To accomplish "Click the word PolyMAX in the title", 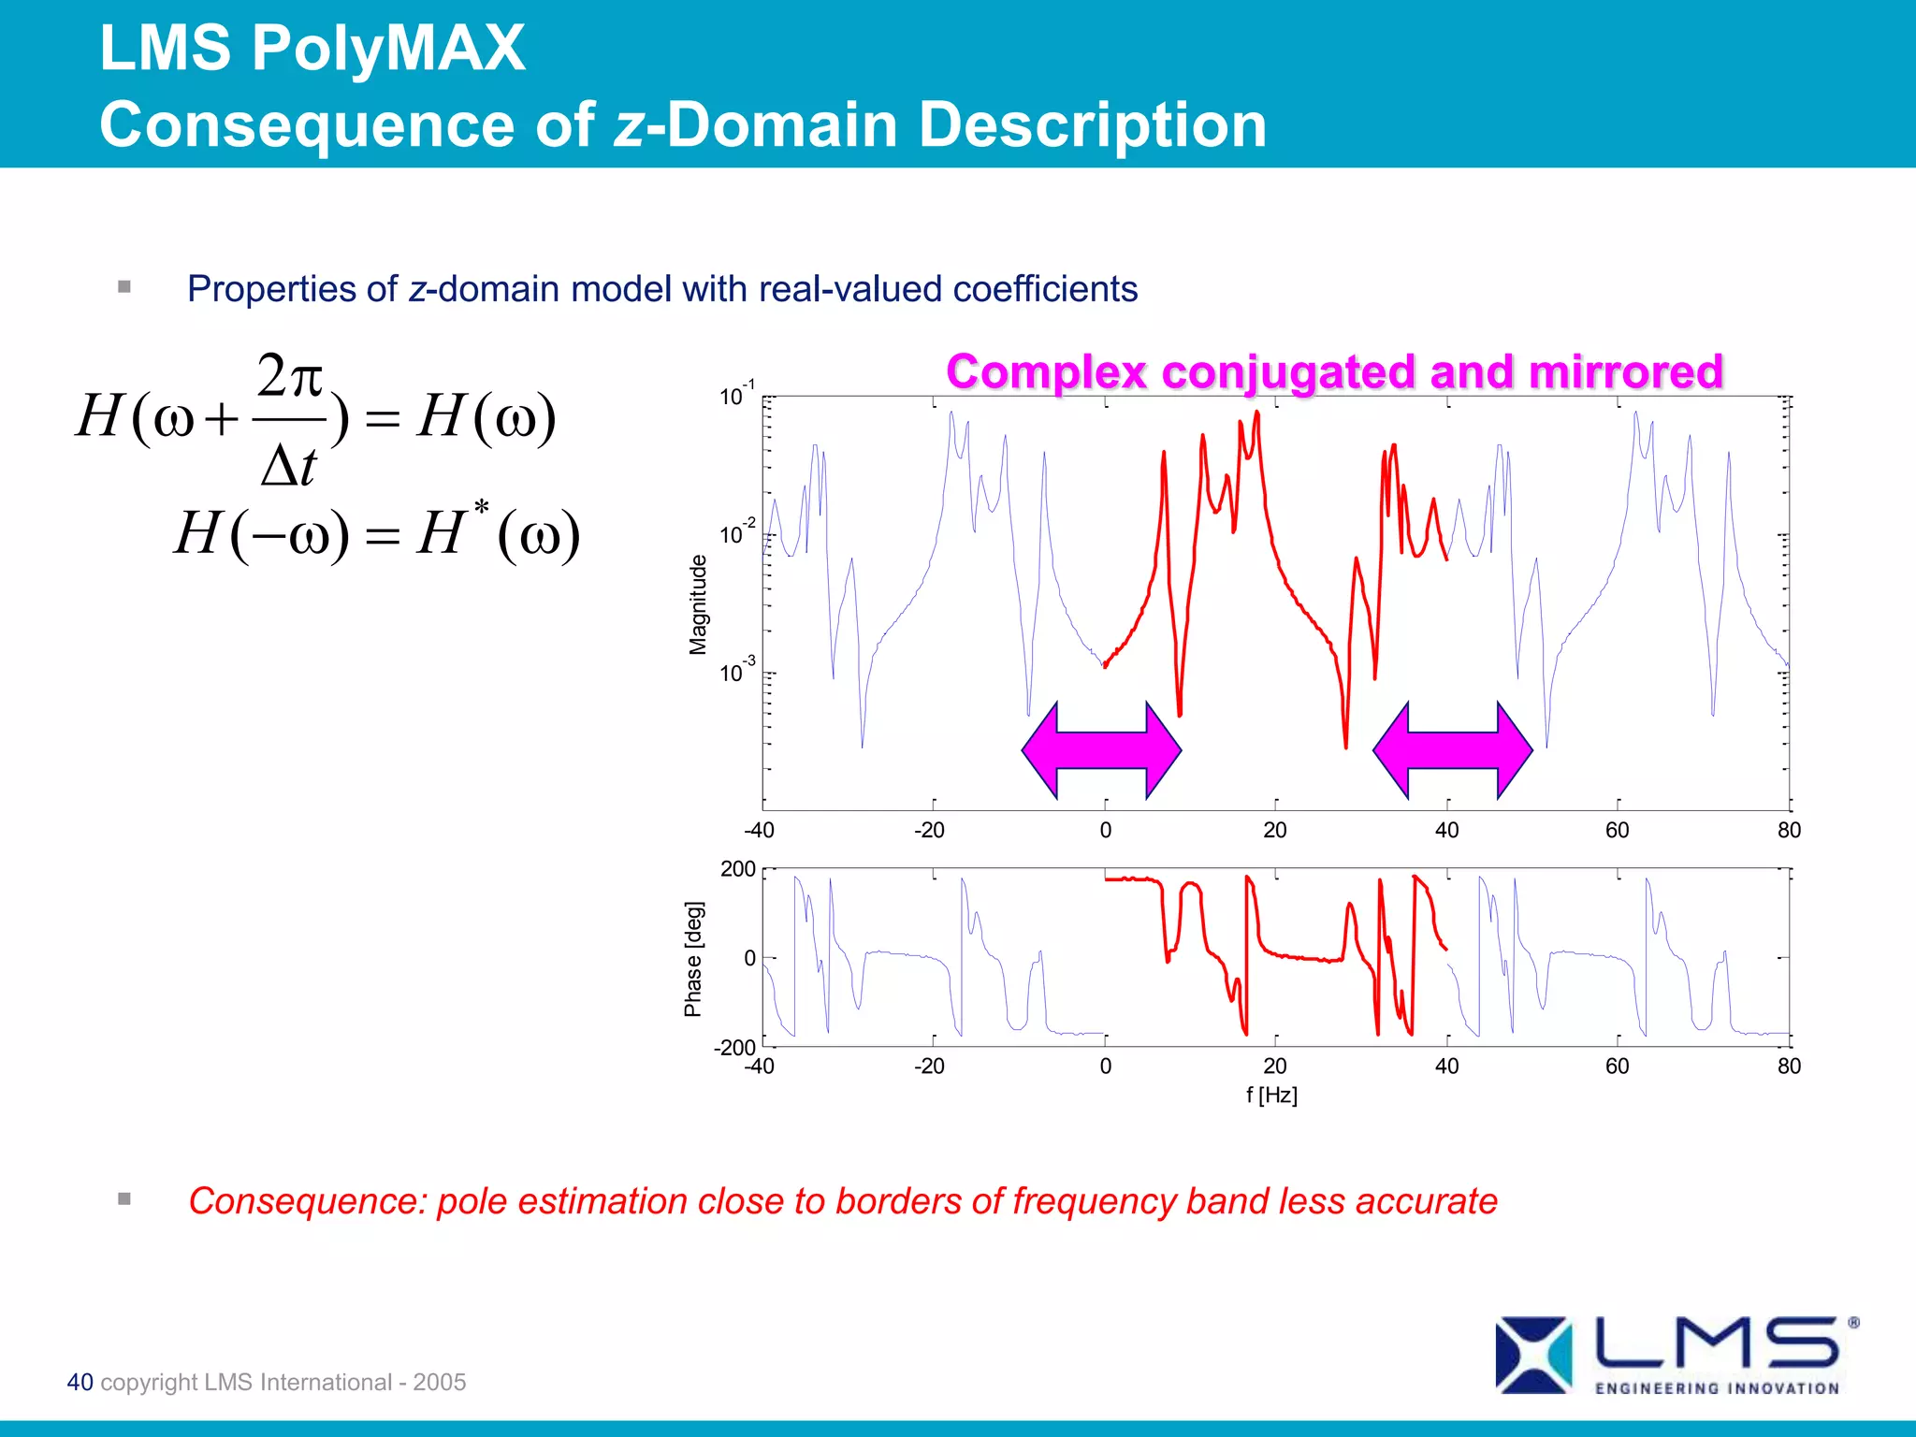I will point(388,49).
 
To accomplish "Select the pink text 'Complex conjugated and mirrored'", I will point(1334,371).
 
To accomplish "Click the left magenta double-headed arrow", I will point(1101,749).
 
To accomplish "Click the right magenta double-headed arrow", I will point(1452,749).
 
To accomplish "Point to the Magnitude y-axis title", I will point(698,604).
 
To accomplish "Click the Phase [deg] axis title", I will point(692,959).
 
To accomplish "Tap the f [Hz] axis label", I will point(1271,1095).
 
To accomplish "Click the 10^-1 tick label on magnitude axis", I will point(736,395).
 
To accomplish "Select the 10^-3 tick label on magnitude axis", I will point(736,671).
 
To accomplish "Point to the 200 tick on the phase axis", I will point(737,869).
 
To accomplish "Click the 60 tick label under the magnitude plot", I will point(1617,830).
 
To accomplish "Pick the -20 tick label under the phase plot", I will point(928,1066).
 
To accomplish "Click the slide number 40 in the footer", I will point(80,1382).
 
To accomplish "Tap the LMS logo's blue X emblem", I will point(1532,1355).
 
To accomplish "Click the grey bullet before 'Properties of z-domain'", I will point(124,287).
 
